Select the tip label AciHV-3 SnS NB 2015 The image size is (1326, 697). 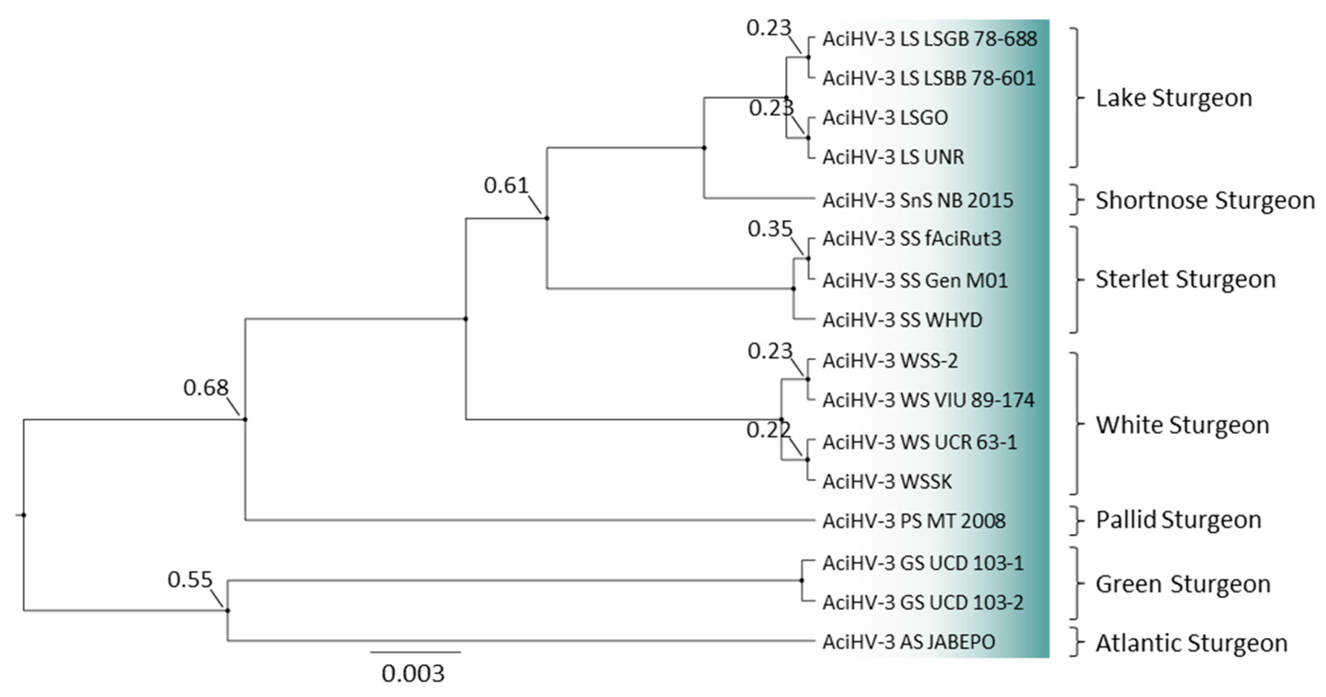click(x=918, y=200)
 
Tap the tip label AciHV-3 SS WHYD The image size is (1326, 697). click(x=902, y=320)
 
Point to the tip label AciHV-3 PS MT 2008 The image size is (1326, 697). click(x=914, y=521)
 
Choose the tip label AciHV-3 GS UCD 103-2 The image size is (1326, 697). click(x=923, y=602)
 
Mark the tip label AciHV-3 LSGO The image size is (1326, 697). click(x=885, y=118)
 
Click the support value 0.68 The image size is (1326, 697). click(x=206, y=388)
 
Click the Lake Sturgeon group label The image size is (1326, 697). click(x=1174, y=98)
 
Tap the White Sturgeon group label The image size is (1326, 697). click(x=1182, y=425)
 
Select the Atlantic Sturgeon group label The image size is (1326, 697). click(x=1191, y=643)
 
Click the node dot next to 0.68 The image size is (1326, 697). click(x=245, y=419)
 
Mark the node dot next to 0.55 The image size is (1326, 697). click(x=227, y=611)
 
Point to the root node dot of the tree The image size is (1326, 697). click(x=24, y=515)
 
